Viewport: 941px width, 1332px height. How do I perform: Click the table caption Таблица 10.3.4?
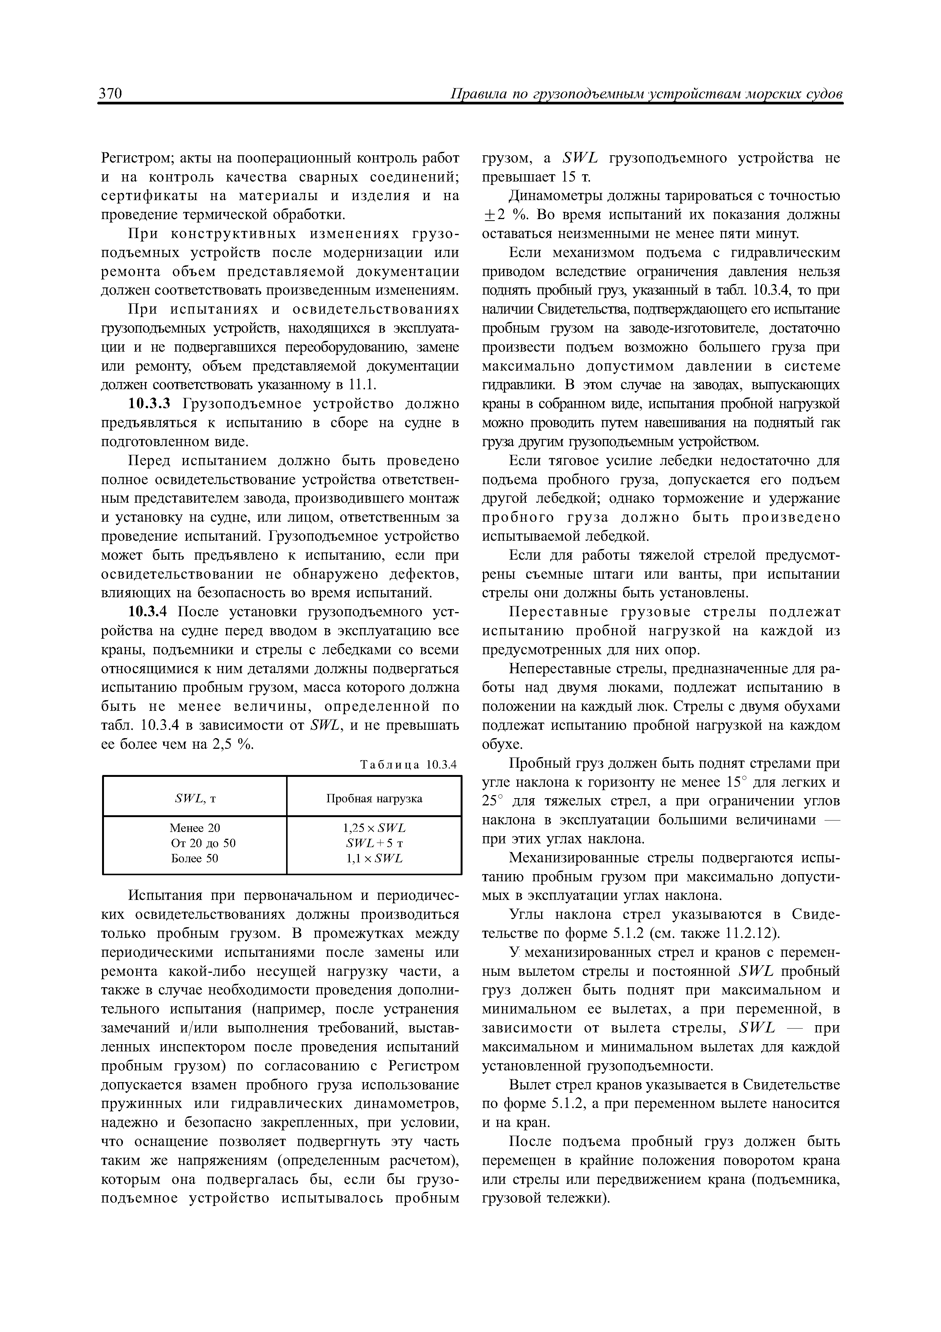pos(409,765)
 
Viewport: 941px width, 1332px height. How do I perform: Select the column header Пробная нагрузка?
pos(374,799)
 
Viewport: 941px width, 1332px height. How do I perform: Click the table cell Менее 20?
pos(195,828)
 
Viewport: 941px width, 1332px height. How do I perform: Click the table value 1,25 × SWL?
pos(374,828)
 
